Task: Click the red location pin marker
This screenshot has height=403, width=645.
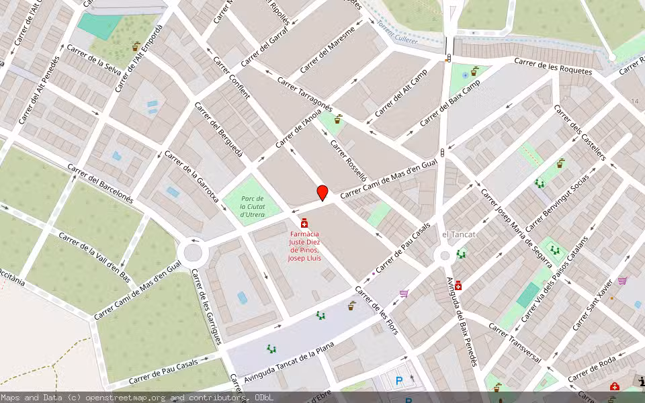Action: pyautogui.click(x=322, y=193)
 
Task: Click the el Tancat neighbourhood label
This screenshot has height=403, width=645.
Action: pyautogui.click(x=459, y=234)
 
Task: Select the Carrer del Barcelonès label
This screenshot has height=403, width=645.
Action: pyautogui.click(x=101, y=183)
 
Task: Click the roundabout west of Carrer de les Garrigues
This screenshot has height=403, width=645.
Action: pyautogui.click(x=193, y=253)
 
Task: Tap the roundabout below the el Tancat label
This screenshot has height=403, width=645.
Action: pyautogui.click(x=443, y=255)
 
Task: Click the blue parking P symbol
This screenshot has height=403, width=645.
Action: pyautogui.click(x=399, y=382)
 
